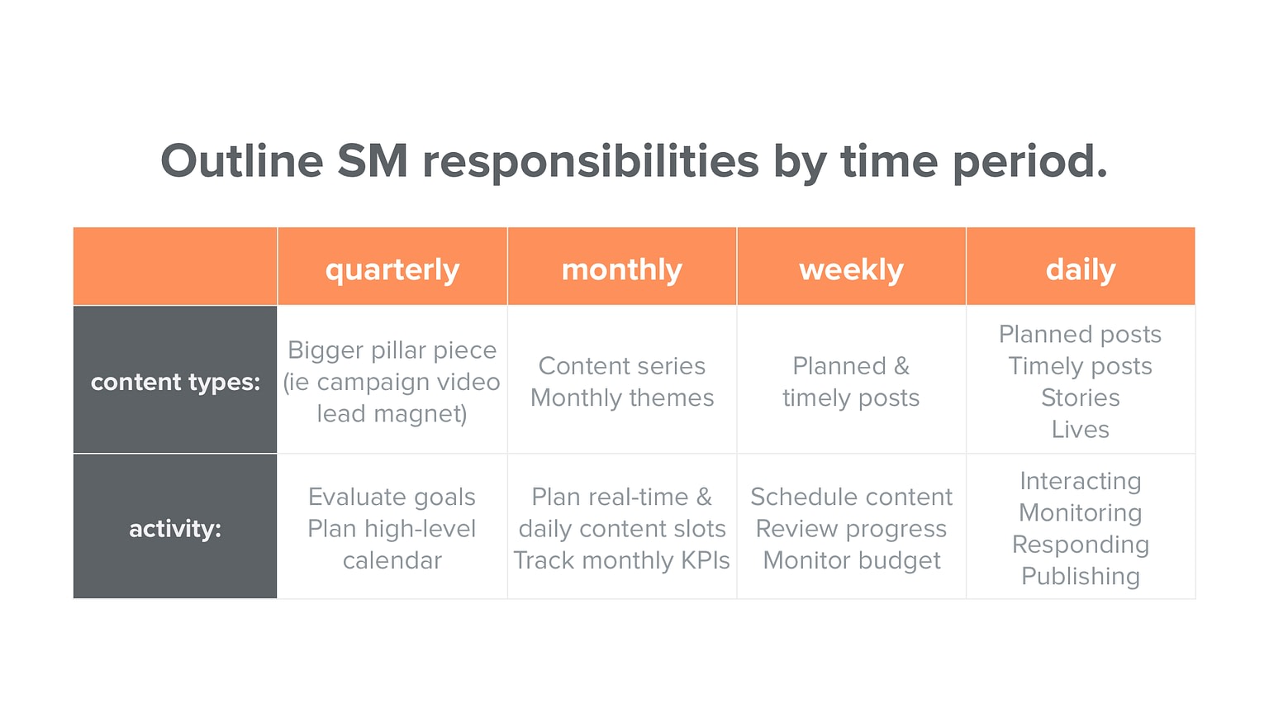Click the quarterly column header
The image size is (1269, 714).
pyautogui.click(x=392, y=269)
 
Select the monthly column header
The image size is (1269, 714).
pyautogui.click(x=621, y=269)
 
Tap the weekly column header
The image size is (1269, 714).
pyautogui.click(x=851, y=269)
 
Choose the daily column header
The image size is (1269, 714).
pyautogui.click(x=1081, y=269)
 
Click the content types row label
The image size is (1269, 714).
pyautogui.click(x=175, y=382)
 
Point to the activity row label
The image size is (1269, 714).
pyautogui.click(x=175, y=529)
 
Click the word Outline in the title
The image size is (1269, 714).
pyautogui.click(x=241, y=161)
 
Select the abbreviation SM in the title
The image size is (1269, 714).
pyautogui.click(x=373, y=161)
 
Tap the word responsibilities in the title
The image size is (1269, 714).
pyautogui.click(x=591, y=161)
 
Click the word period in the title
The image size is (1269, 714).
pyautogui.click(x=1029, y=161)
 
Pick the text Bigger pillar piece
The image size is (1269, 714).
pyautogui.click(x=392, y=350)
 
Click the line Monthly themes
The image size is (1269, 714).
pyautogui.click(x=622, y=398)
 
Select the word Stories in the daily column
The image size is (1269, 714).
pyautogui.click(x=1081, y=398)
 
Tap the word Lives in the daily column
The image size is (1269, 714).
pyautogui.click(x=1081, y=430)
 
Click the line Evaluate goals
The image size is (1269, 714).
pyautogui.click(x=392, y=497)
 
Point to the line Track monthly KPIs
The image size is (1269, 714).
pyautogui.click(x=622, y=561)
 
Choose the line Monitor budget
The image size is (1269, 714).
pyautogui.click(x=852, y=561)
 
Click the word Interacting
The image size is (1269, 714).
pyautogui.click(x=1081, y=481)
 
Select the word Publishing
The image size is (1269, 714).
pyautogui.click(x=1081, y=576)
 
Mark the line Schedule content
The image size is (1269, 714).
pyautogui.click(x=852, y=497)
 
